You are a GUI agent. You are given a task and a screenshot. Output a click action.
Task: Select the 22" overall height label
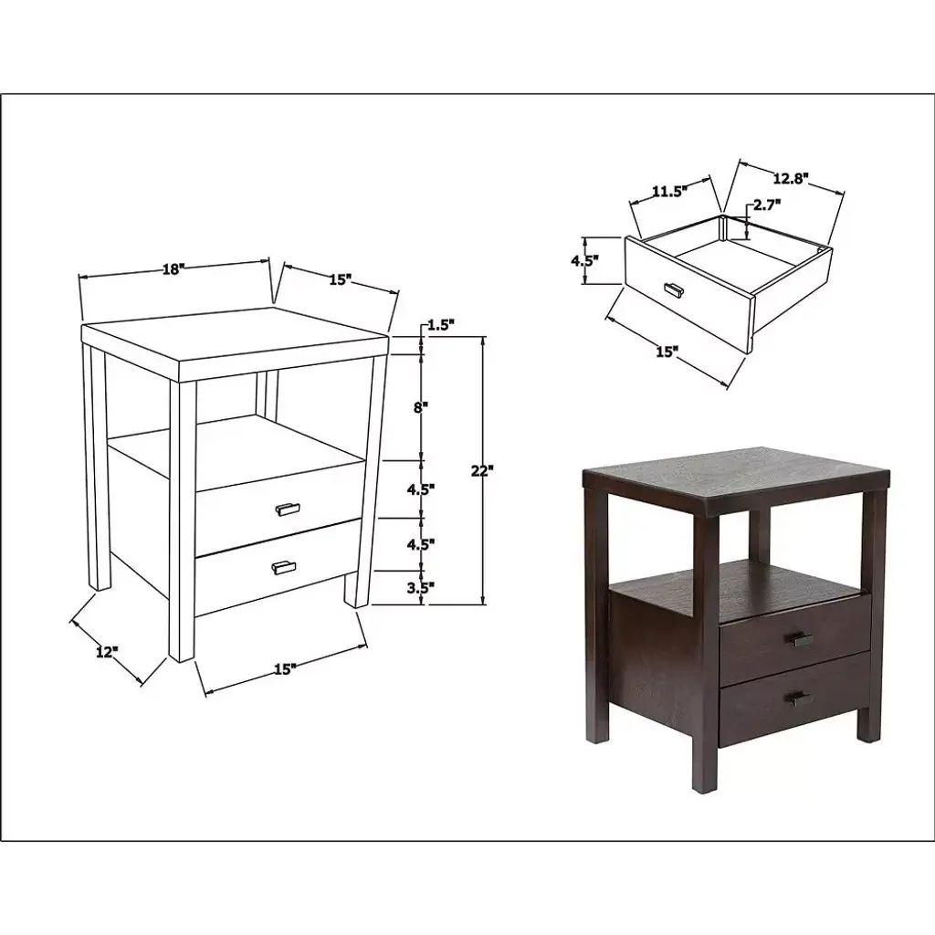[482, 470]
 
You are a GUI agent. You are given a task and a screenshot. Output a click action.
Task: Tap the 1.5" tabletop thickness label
[441, 326]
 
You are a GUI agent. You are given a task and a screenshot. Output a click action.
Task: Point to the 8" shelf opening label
[422, 408]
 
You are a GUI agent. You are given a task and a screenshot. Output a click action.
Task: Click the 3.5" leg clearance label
[421, 587]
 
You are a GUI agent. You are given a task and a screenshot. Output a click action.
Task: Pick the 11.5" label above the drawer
[669, 192]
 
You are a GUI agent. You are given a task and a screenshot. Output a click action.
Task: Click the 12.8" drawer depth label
[791, 177]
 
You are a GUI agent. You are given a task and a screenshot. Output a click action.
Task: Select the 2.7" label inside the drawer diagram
[767, 205]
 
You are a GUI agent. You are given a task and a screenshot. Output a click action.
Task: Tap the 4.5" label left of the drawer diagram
[585, 260]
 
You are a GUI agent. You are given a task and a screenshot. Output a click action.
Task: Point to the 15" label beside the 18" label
[340, 279]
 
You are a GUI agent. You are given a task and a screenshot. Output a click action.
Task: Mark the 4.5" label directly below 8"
[421, 489]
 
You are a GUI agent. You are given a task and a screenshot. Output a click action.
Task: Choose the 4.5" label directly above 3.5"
[421, 544]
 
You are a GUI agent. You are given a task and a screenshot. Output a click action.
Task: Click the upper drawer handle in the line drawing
[288, 509]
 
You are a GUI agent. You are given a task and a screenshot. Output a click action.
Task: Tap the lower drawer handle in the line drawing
[283, 567]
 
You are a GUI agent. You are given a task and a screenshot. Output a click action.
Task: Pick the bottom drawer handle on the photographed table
[799, 699]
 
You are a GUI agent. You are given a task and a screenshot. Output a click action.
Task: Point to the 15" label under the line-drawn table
[286, 669]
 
